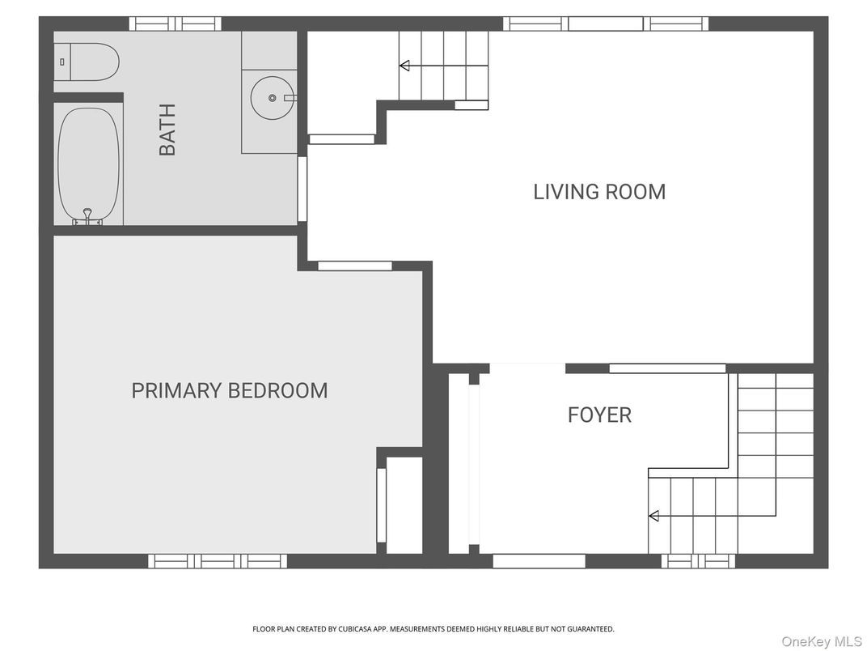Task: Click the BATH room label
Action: pos(167,130)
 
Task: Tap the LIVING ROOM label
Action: pos(599,192)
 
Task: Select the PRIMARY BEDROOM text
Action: pos(230,390)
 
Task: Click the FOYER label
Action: pos(599,415)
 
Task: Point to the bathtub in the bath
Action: pos(88,162)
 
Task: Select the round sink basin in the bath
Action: pos(272,98)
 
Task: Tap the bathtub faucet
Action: pos(87,215)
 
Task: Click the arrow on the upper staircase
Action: pos(404,66)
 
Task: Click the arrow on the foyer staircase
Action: pos(653,516)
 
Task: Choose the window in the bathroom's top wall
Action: pos(175,23)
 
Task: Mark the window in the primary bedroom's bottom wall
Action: pos(217,560)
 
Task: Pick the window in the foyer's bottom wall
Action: pos(539,560)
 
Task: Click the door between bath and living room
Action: pos(302,189)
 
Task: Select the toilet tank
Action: pos(62,62)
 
